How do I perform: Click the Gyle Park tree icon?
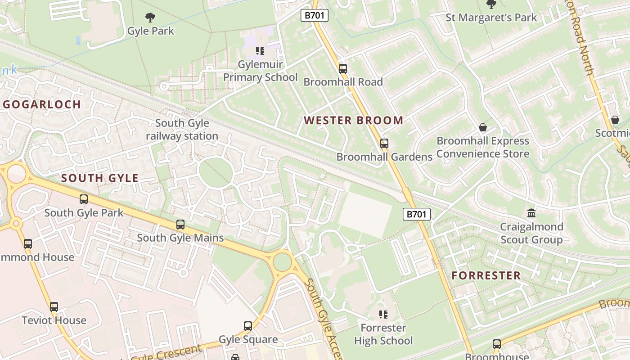tap(150, 18)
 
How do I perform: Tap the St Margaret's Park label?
tap(491, 18)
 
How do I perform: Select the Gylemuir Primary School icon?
tap(260, 50)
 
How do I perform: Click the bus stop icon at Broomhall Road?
tap(343, 69)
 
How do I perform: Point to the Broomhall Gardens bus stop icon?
tap(384, 144)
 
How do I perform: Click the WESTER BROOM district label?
tap(353, 121)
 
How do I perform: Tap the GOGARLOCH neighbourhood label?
tap(42, 104)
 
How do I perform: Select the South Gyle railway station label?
tap(182, 130)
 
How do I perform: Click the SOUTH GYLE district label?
tap(100, 178)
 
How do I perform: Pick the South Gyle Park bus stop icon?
tap(84, 199)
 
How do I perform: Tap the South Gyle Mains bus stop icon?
tap(180, 225)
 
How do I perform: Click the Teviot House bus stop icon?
tap(54, 307)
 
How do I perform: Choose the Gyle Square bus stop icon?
tap(248, 326)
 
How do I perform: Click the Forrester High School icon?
tap(383, 315)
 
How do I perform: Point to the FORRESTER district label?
tap(486, 275)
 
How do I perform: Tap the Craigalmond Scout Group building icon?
tap(531, 213)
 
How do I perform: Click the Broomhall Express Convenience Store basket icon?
tap(483, 127)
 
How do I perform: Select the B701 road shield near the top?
tap(315, 15)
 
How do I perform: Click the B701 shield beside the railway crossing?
tap(416, 214)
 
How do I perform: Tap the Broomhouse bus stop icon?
tap(497, 344)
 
